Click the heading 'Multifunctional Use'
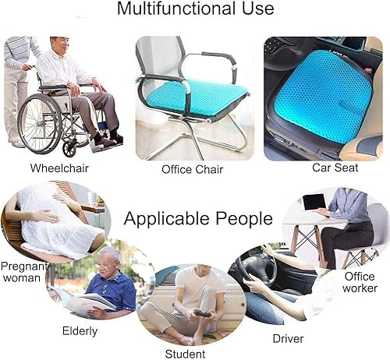click(x=195, y=9)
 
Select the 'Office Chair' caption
click(x=192, y=169)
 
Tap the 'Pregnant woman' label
click(x=21, y=273)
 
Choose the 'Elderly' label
click(x=80, y=330)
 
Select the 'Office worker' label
click(x=360, y=283)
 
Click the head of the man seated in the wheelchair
click(x=60, y=46)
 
